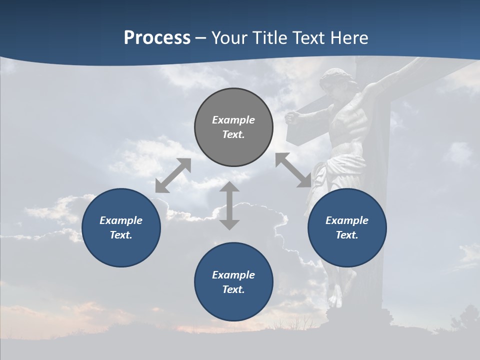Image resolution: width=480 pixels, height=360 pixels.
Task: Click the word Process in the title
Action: tap(157, 38)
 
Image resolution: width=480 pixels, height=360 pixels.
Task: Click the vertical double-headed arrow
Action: tap(229, 205)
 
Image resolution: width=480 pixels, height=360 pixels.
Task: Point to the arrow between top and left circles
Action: tap(173, 175)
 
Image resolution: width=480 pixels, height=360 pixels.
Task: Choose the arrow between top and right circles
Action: tap(293, 170)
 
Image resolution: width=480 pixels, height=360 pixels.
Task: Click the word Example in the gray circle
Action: tap(233, 120)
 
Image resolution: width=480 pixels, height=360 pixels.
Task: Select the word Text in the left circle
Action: tap(121, 235)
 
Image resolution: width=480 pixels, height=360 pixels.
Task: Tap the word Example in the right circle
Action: tap(347, 220)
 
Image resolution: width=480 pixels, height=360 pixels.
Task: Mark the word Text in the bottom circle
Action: tap(233, 289)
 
